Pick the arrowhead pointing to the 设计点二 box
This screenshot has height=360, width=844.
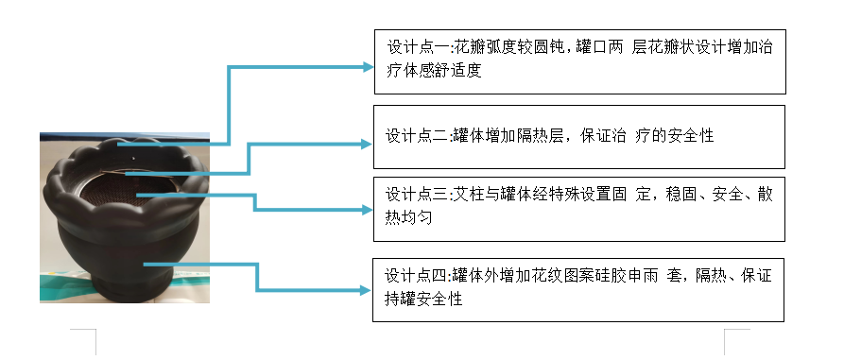click(368, 144)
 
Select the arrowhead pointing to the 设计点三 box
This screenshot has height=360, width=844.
click(368, 210)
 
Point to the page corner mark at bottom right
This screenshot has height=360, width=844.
click(735, 337)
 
